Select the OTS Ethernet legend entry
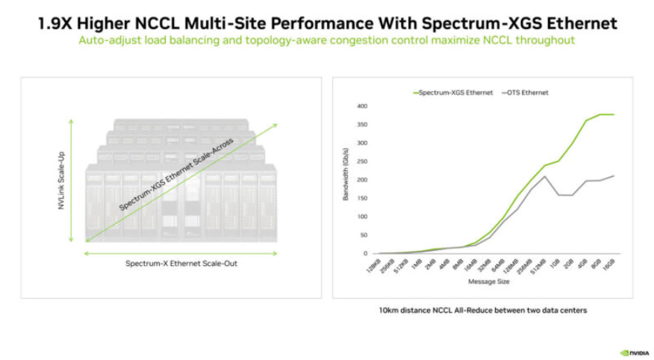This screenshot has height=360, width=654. click(x=526, y=93)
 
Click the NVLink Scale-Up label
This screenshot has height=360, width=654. click(x=62, y=179)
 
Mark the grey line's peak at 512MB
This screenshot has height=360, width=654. click(x=545, y=176)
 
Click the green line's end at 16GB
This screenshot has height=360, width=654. click(x=614, y=114)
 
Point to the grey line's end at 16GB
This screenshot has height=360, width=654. click(x=614, y=176)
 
